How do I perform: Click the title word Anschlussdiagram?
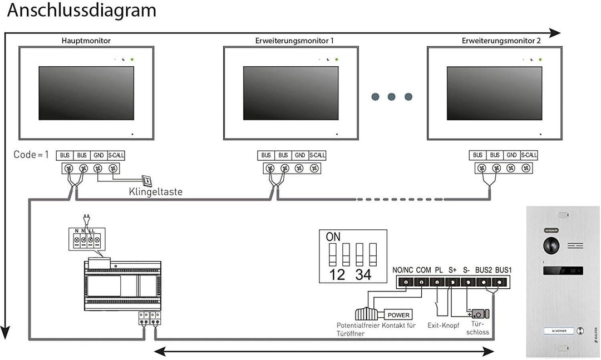(82, 10)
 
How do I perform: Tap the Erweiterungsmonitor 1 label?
(294, 41)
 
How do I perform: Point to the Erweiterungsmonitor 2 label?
(501, 41)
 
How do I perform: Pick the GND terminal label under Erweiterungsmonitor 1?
(300, 155)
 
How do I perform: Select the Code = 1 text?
(31, 154)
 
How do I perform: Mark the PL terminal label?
(439, 270)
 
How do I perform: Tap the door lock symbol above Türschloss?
(479, 315)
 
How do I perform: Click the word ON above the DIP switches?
(333, 236)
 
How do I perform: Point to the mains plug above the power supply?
(86, 218)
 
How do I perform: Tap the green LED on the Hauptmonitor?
(132, 59)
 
